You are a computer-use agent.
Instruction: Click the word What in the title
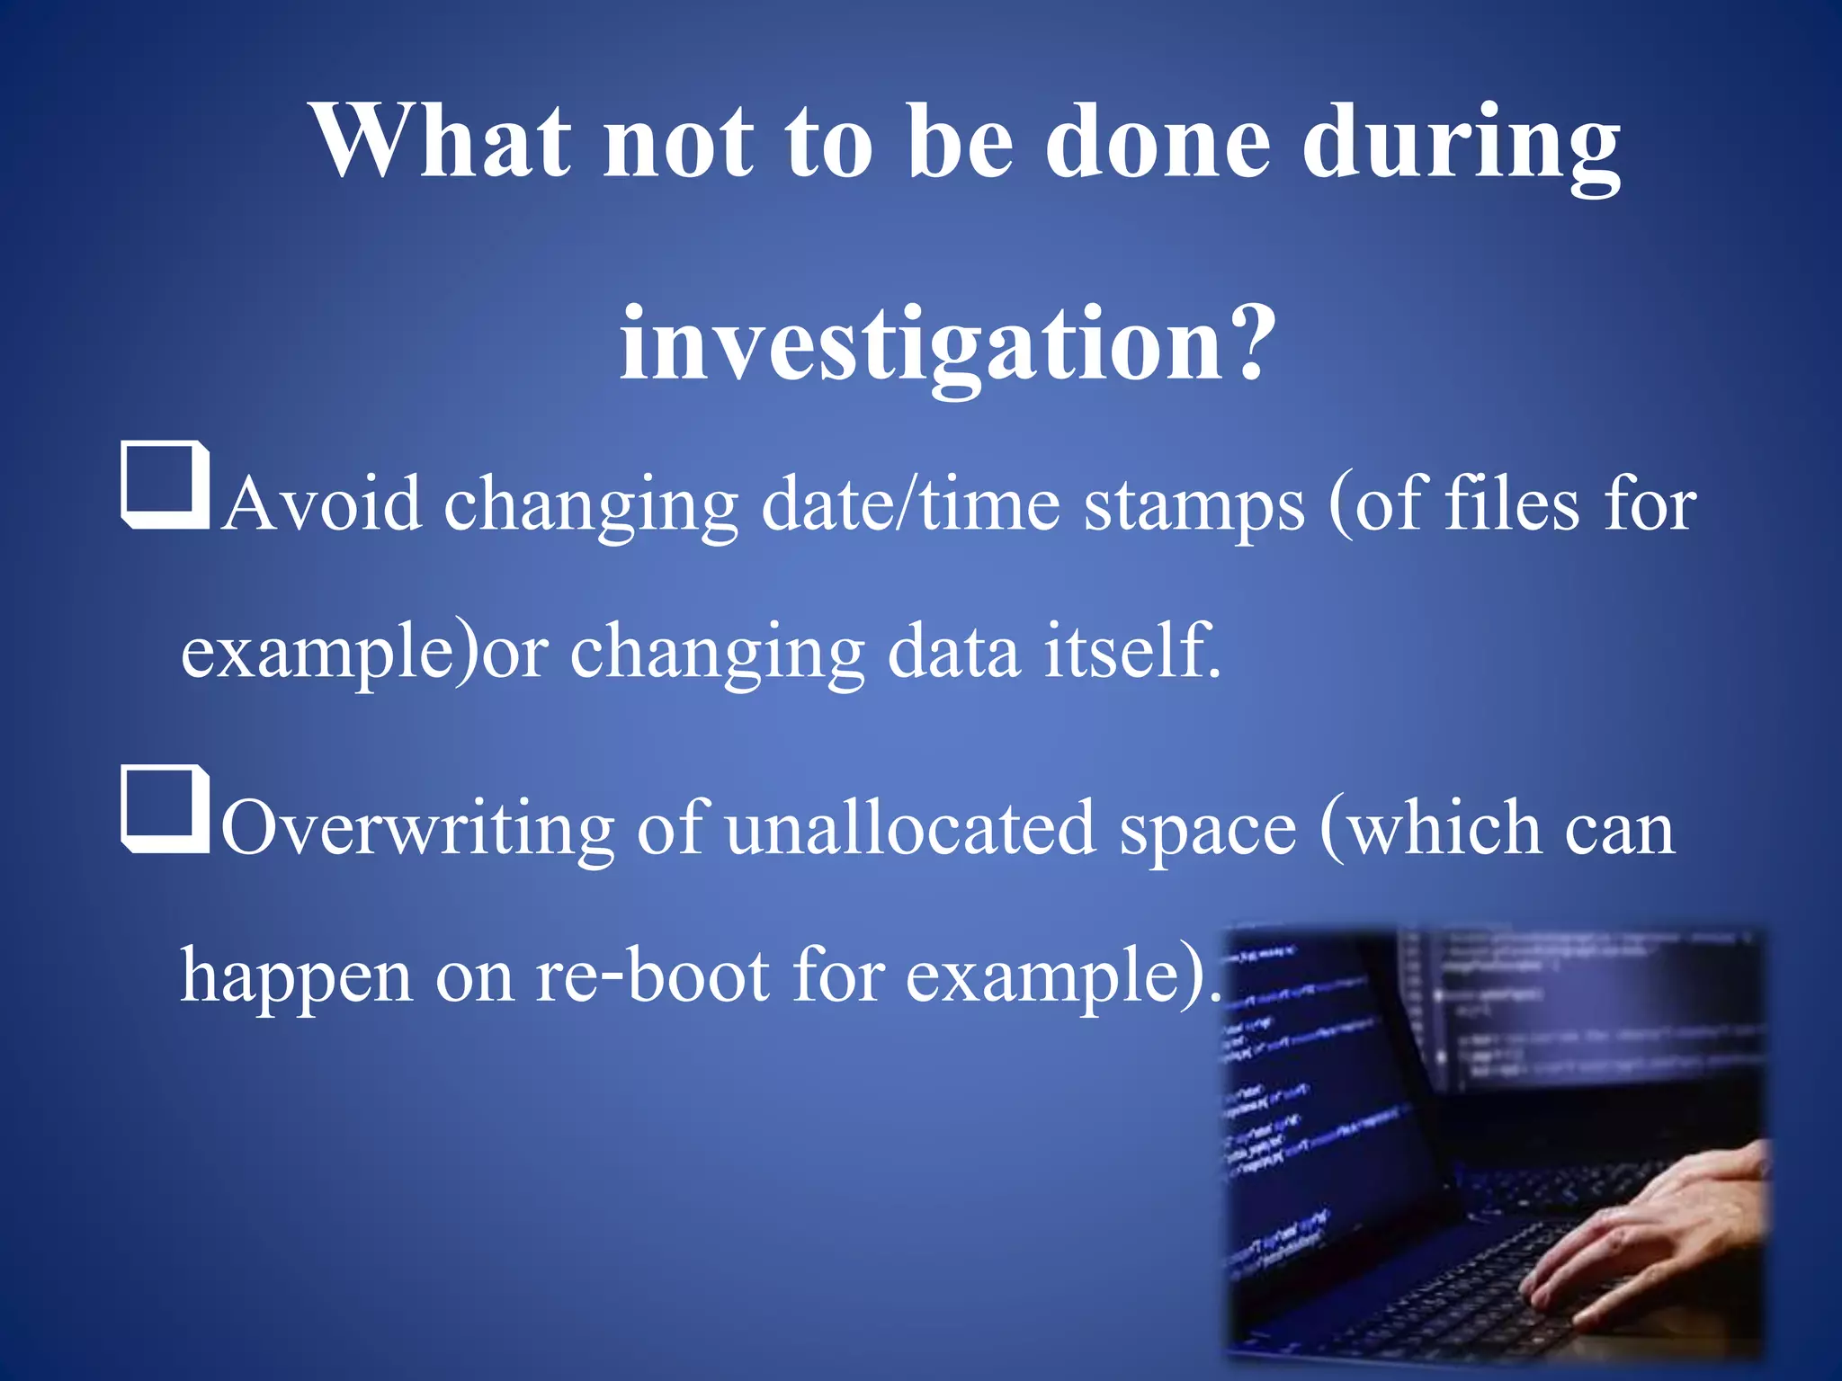pyautogui.click(x=442, y=141)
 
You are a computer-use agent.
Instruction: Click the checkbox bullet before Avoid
pyautogui.click(x=165, y=486)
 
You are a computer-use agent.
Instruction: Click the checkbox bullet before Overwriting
pyautogui.click(x=165, y=809)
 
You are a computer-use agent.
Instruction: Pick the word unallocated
pyautogui.click(x=910, y=827)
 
